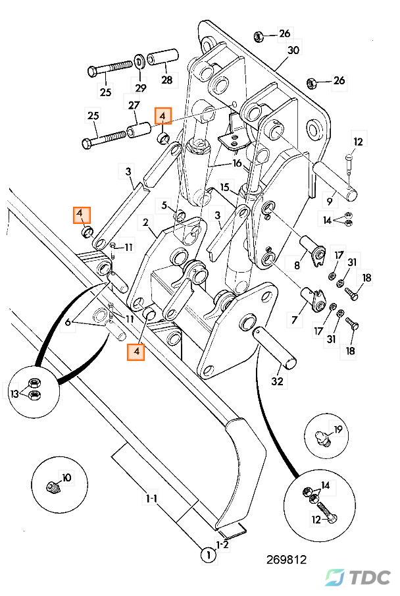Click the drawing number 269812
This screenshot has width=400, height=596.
286,560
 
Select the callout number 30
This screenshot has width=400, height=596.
293,50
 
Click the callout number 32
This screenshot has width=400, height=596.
278,381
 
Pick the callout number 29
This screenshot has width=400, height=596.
141,88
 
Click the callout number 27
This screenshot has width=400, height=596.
134,105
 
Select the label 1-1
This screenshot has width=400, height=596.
151,500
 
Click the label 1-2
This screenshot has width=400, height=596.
223,544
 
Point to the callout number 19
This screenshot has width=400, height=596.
338,429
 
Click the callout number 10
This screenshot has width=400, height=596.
66,477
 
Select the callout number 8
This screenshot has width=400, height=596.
297,266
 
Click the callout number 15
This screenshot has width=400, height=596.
224,188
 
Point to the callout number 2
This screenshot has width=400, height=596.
145,223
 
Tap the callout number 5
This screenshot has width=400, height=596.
164,205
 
